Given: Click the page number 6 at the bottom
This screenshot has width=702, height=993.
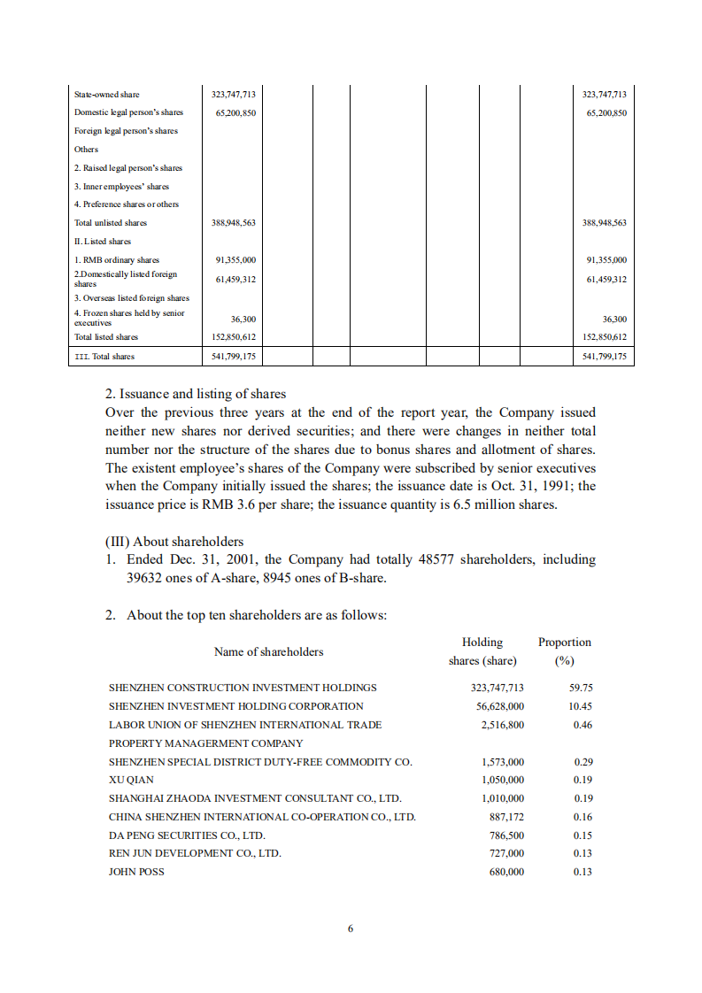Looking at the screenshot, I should [351, 928].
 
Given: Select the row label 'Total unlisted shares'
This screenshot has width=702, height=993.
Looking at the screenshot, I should [111, 223].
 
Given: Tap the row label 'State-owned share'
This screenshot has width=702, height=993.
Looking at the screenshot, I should [106, 95].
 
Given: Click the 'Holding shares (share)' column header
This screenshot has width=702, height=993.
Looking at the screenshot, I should [482, 651].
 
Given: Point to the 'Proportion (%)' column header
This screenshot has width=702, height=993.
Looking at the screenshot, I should [564, 651].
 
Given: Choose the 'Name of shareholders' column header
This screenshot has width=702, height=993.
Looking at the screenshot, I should [268, 652].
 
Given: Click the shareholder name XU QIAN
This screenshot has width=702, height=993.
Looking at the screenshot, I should [131, 780].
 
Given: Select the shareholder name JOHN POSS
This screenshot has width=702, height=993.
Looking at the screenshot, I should [136, 872].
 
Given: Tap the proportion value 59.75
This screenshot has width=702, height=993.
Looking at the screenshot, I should [581, 688].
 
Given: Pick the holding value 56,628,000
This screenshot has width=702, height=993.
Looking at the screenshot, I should [500, 706].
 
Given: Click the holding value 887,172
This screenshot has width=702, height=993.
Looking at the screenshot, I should [506, 817].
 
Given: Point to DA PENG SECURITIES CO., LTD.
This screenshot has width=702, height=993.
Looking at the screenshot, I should [187, 835].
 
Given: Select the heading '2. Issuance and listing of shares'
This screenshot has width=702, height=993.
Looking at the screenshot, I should [195, 394].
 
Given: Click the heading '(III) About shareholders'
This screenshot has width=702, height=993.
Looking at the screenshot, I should [174, 542].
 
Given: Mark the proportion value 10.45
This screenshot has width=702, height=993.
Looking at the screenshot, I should [581, 706].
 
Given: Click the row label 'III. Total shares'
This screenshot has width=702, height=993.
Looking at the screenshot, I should [104, 357].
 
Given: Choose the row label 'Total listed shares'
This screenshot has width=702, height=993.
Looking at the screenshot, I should [106, 337].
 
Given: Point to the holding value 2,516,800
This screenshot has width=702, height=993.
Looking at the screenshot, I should [503, 725].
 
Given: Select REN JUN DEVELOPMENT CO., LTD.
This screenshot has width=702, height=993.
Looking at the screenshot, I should [195, 853].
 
